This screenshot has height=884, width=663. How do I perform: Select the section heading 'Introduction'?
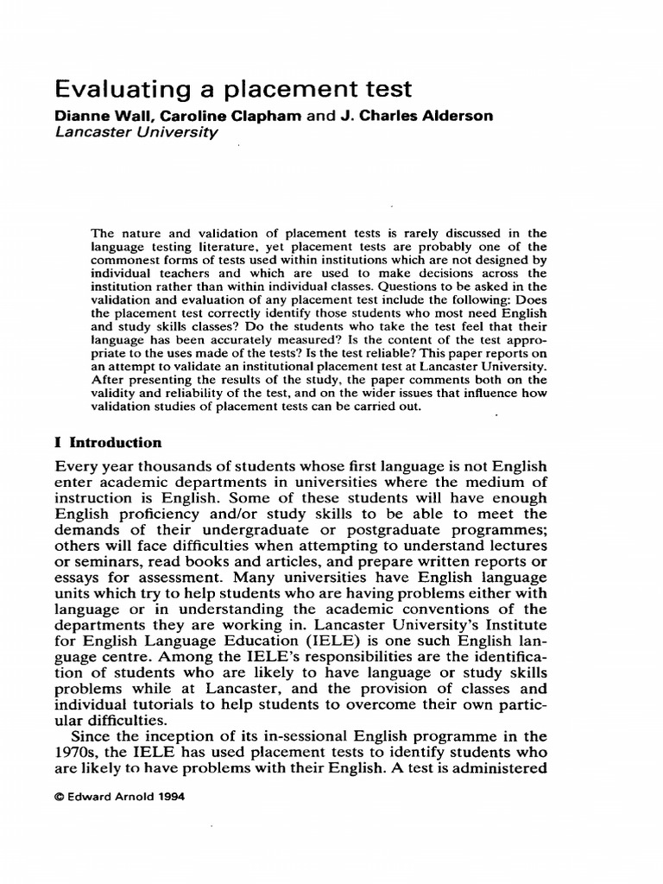[116, 443]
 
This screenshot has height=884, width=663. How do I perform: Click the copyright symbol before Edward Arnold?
[59, 798]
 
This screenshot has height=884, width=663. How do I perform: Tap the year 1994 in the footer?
[169, 798]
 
